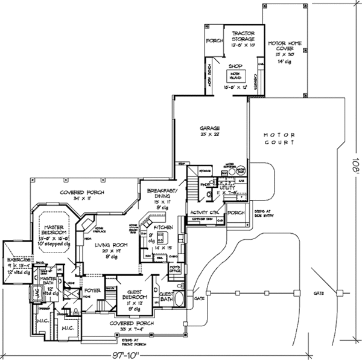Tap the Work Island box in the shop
point(236,76)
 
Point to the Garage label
point(210,129)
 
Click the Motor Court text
point(274,137)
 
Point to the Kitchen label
point(164,227)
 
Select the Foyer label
point(92,290)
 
